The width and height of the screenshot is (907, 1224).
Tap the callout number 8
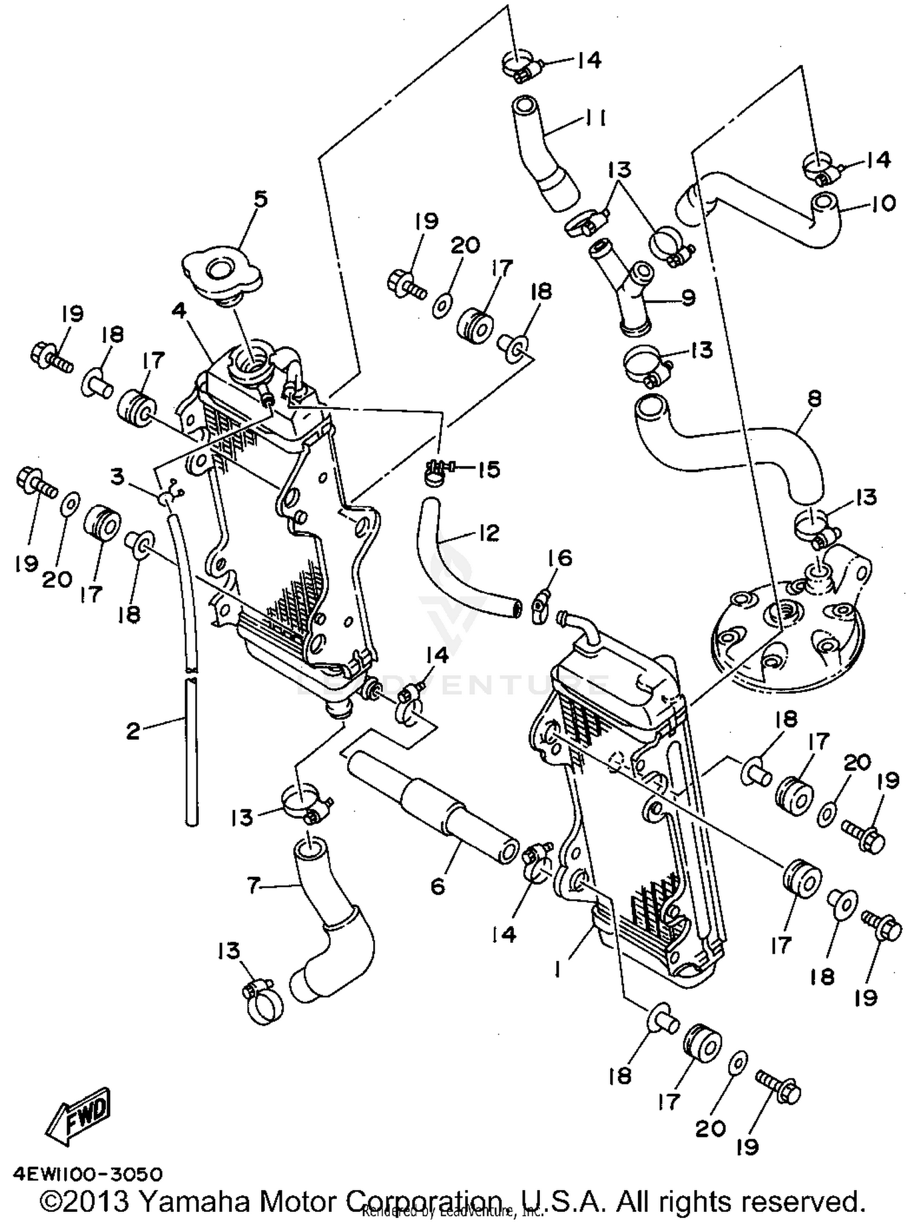(x=814, y=399)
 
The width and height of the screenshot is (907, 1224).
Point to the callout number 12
(x=488, y=533)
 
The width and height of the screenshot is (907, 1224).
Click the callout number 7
(x=255, y=886)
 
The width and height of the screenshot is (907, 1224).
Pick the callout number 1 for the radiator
(x=558, y=969)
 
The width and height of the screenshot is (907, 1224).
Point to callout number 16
(x=561, y=558)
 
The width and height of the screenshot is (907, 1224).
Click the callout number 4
(x=178, y=311)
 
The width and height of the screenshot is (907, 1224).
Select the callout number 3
(x=117, y=477)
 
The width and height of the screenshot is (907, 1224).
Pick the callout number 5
(x=260, y=199)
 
